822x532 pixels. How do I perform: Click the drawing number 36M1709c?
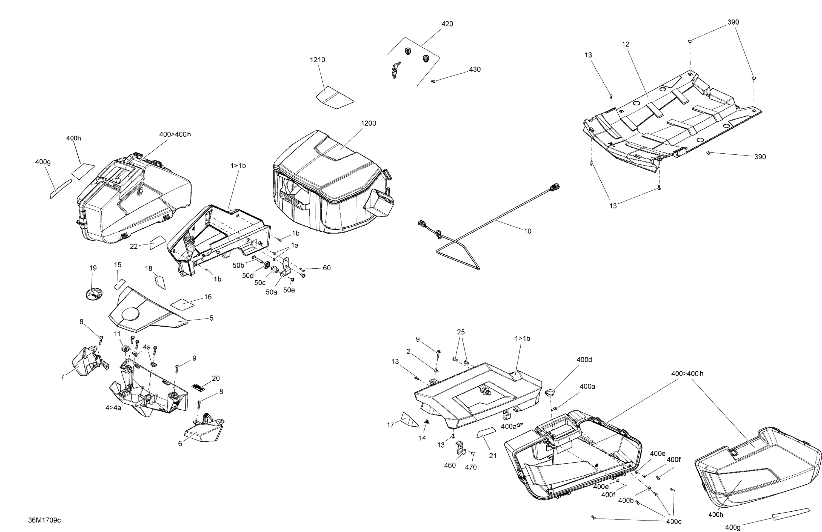pos(45,520)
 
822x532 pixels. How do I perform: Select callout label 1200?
pos(368,123)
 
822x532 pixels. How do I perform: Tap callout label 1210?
pos(317,60)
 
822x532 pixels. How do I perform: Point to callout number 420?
pos(447,24)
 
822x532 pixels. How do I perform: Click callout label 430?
pos(475,69)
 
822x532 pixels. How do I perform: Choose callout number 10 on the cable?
pos(527,231)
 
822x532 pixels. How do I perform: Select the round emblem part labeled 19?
pos(94,295)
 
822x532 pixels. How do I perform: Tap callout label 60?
pos(326,268)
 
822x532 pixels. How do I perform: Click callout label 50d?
pos(248,275)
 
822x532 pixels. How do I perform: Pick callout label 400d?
pos(584,360)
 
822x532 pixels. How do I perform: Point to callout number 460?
pos(450,465)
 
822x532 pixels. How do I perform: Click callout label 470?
pos(471,467)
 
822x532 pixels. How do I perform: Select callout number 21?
pos(492,456)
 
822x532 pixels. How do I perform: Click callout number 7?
pos(62,377)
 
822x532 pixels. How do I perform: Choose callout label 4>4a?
pos(113,408)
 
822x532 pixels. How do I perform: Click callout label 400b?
pos(626,500)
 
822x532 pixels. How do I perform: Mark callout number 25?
pos(461,332)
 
